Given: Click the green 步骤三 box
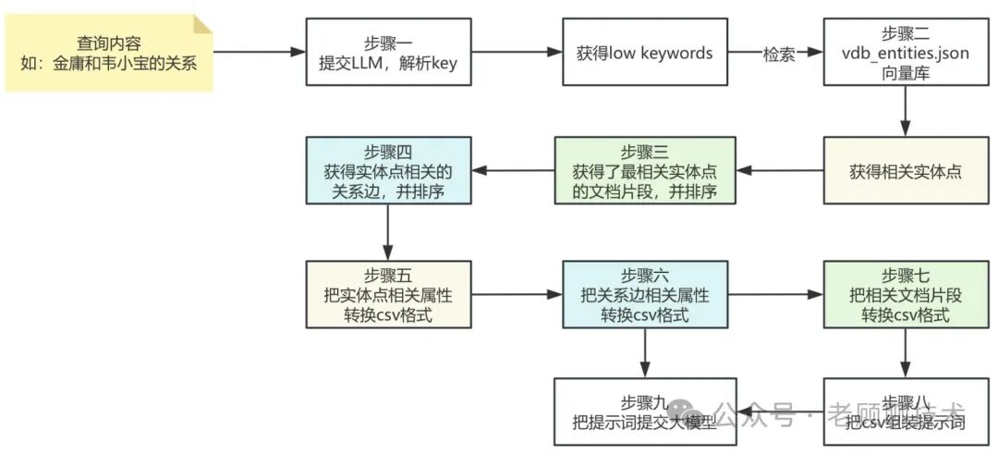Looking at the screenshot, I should pos(644,171).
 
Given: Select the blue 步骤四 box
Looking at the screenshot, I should pos(388,171).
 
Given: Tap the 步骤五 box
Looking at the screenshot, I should pos(388,294).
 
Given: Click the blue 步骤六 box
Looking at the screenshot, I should pos(644,294).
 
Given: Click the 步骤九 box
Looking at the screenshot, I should pos(644,412).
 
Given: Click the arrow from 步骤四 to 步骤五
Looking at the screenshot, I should pos(388,232).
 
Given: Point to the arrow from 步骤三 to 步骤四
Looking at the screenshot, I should pos(512,171).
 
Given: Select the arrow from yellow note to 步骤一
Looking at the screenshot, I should pos(260,53).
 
